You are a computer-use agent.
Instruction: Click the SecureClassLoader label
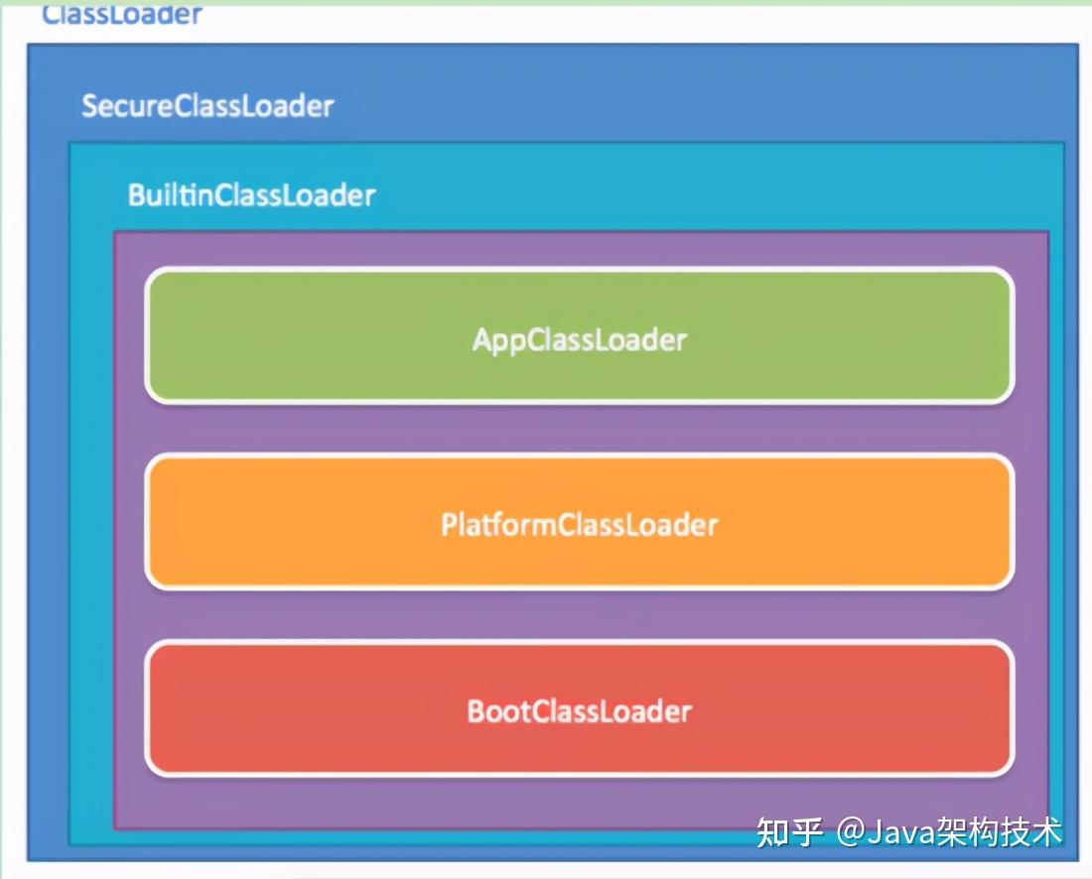[207, 106]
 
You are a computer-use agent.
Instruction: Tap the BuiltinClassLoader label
[251, 194]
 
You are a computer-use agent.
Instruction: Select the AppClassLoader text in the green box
[580, 340]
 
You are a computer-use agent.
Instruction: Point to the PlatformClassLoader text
[580, 524]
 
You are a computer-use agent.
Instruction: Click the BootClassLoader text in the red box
[580, 711]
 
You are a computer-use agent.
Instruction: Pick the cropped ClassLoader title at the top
[122, 14]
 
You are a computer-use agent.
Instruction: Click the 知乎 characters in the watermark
[790, 831]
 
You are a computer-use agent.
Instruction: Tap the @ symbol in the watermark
[850, 832]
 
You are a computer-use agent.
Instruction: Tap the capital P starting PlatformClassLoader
[449, 524]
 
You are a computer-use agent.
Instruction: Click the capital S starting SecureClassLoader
[89, 106]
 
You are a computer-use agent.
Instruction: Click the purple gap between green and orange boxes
[580, 429]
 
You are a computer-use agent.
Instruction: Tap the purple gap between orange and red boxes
[580, 615]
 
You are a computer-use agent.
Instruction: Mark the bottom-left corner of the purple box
[115, 826]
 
